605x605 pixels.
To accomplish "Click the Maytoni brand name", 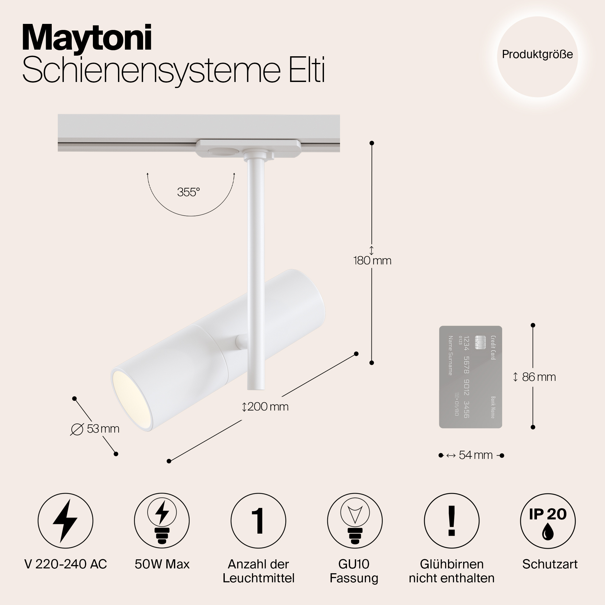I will click(x=87, y=38).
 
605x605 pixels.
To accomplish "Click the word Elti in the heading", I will click(x=306, y=71).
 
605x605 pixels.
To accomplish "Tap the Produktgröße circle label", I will click(x=537, y=54).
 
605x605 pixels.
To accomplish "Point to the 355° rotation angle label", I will click(x=188, y=192).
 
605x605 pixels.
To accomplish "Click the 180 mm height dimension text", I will click(x=372, y=260).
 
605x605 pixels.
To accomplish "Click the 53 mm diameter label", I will click(x=103, y=429).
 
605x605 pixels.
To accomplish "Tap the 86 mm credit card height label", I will click(x=539, y=377).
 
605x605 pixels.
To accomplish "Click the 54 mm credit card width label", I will click(x=475, y=455).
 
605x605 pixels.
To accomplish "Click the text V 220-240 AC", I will click(x=65, y=564).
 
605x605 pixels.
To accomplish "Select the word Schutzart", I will click(x=550, y=564).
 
